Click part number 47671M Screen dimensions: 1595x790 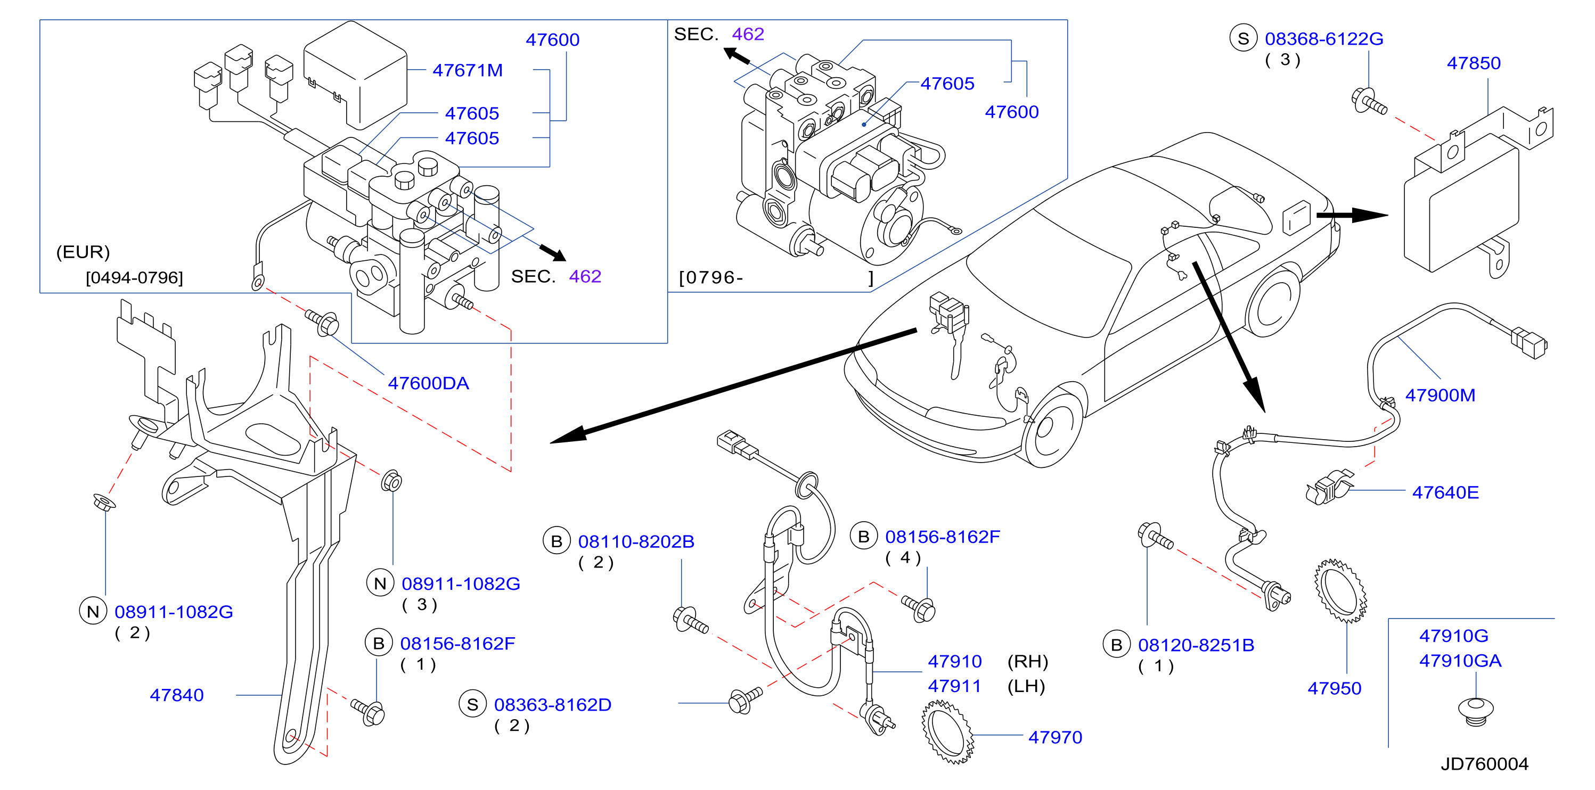coord(468,70)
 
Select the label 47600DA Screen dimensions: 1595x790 coord(429,383)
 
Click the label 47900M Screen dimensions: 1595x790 coord(1440,395)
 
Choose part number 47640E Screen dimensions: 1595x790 coord(1445,492)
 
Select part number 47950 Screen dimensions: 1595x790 coord(1335,688)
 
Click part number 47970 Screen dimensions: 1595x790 coord(1055,737)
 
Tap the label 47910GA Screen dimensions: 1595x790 coord(1460,661)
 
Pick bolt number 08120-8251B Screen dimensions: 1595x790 coord(1196,645)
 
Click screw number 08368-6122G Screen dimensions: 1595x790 coord(1324,38)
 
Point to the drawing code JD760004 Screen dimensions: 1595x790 coord(1484,763)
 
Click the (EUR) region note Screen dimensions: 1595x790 coord(83,252)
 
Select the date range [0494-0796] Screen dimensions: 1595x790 coord(134,277)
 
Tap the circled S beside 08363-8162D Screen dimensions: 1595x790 coord(472,705)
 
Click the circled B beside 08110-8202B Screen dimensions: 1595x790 coord(557,541)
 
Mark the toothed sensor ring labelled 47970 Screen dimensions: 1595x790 coord(947,732)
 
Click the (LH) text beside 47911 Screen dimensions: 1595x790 coord(1026,686)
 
